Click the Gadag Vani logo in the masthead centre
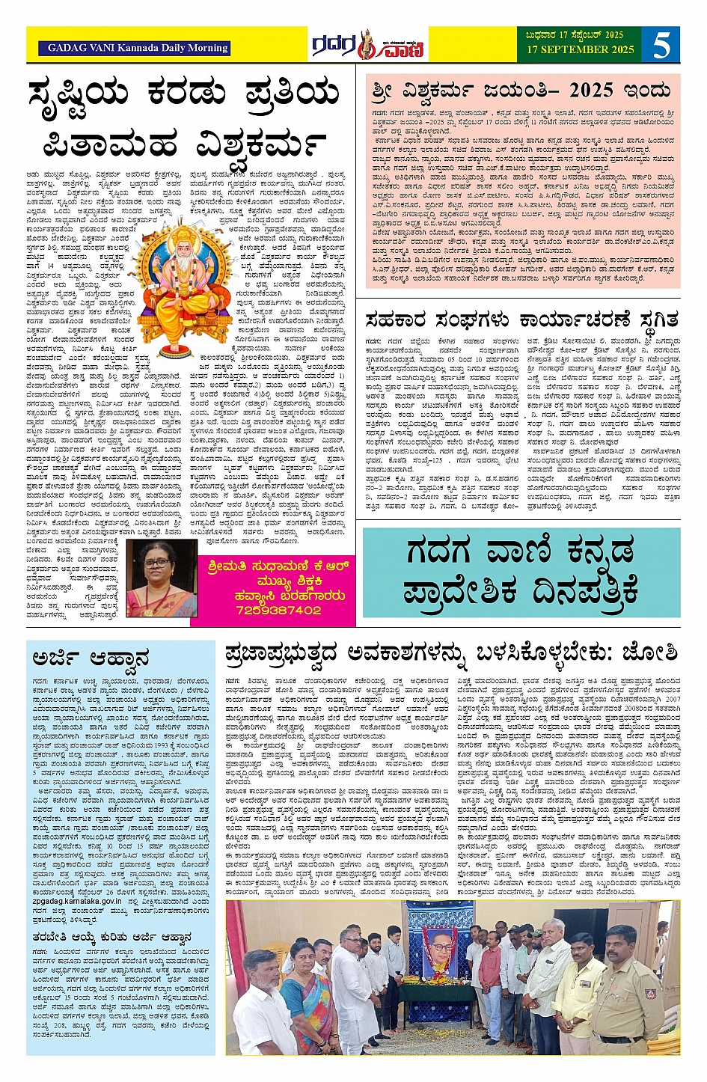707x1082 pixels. [368, 45]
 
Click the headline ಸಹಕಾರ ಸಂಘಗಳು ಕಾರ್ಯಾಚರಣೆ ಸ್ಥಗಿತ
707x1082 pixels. [521, 320]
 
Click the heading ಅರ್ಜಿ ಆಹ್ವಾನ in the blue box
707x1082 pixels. [91, 659]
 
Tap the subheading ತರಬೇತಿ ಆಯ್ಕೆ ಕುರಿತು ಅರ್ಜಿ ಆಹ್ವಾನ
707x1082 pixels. [111, 937]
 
